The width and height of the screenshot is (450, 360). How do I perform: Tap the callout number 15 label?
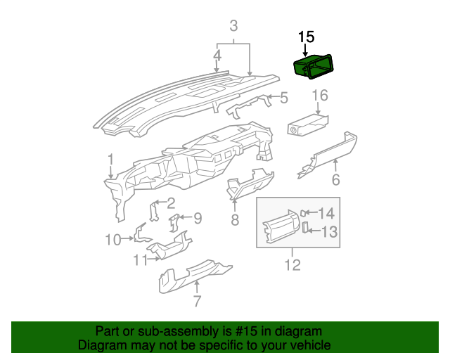[x=307, y=37]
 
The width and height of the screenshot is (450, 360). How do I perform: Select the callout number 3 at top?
[x=233, y=27]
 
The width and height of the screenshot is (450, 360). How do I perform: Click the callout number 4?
[x=218, y=54]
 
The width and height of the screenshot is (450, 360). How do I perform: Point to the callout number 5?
[x=284, y=98]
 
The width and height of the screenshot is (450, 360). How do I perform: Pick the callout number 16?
[x=320, y=95]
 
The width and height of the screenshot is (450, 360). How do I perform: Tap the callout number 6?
[x=335, y=180]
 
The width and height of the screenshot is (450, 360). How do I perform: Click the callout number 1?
[x=110, y=160]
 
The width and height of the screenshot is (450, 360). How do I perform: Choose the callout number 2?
[x=170, y=204]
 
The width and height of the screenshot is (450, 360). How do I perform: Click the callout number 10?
[x=113, y=240]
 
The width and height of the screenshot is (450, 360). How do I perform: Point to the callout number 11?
[x=140, y=260]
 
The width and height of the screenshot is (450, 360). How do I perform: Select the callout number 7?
[x=197, y=302]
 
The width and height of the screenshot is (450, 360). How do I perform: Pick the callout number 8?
[x=235, y=220]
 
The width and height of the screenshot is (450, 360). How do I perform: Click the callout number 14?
[x=327, y=214]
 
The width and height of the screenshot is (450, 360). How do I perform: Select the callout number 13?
[x=329, y=231]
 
